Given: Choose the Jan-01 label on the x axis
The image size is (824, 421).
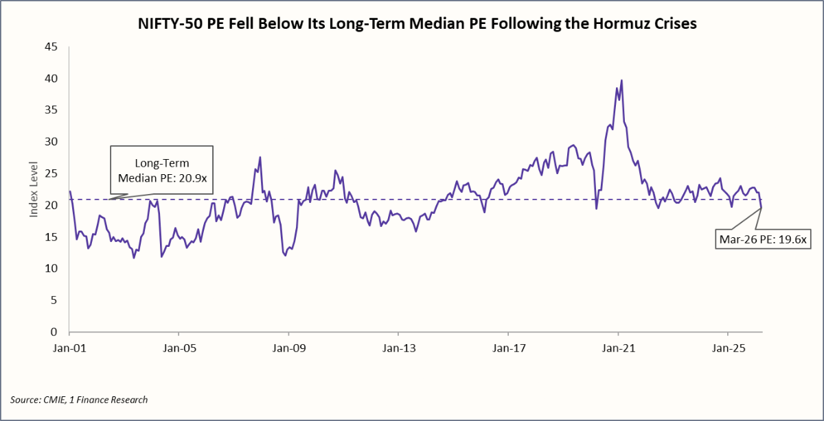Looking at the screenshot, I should click(x=70, y=348).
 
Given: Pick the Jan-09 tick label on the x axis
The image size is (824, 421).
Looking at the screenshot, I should click(x=289, y=348).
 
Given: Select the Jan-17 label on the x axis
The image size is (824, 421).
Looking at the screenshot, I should click(x=508, y=348).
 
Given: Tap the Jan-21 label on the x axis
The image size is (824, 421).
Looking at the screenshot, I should click(x=618, y=348).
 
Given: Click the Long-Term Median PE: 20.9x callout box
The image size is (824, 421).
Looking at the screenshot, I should click(x=162, y=170).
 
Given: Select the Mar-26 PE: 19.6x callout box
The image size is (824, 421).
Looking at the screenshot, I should click(x=762, y=240).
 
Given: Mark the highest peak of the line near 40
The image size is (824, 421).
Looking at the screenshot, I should click(x=621, y=80).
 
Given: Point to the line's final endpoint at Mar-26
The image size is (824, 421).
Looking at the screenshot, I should click(x=762, y=208).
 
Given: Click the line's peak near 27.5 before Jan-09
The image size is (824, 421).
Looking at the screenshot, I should click(x=260, y=158).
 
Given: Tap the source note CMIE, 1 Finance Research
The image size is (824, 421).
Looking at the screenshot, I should click(x=79, y=400).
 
